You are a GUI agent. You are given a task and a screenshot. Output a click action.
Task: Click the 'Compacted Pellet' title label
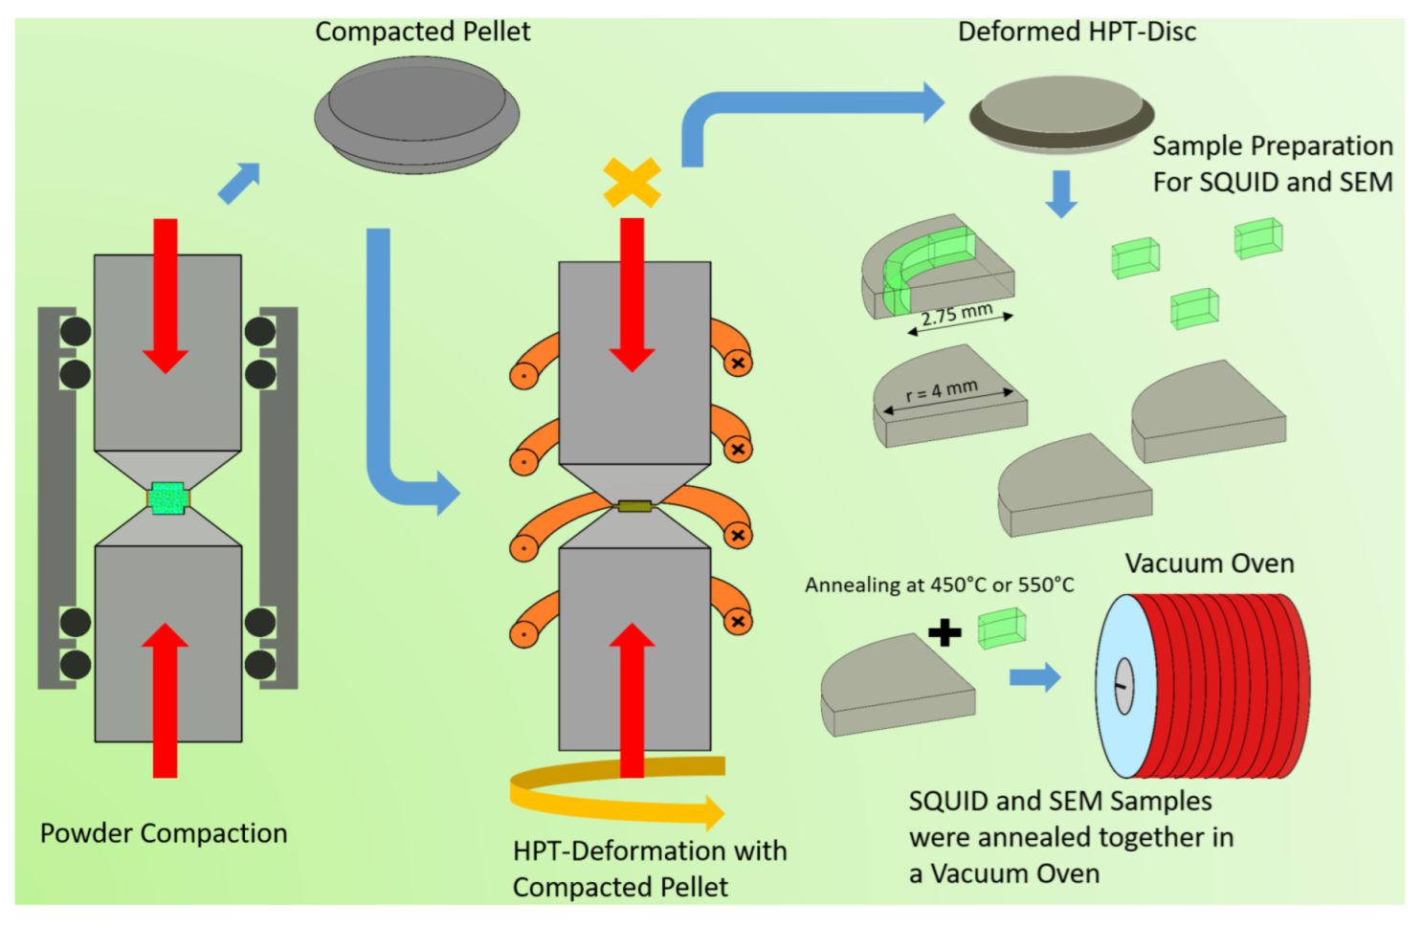click(422, 32)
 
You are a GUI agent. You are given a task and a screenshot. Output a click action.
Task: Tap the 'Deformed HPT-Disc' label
click(1077, 32)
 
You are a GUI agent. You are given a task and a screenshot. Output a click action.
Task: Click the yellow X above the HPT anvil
click(632, 182)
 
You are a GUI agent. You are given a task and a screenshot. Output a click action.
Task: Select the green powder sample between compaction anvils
click(168, 497)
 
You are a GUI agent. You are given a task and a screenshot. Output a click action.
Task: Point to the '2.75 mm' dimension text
click(956, 314)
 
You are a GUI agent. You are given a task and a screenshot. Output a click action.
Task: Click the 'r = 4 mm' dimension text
click(942, 390)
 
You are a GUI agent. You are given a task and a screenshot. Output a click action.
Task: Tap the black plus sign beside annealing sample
click(944, 632)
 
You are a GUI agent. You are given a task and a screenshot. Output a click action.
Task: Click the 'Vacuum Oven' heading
click(1209, 563)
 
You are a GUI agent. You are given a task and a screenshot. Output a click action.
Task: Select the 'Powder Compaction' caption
click(164, 833)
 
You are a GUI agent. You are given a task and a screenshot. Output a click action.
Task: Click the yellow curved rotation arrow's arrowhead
click(710, 813)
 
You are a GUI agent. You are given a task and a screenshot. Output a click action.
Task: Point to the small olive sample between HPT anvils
click(633, 506)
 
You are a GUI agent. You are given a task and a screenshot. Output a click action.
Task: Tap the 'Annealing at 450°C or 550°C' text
click(939, 585)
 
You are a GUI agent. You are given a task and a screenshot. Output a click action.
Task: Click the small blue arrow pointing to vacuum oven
click(1035, 677)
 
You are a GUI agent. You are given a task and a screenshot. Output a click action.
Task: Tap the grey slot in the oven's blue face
click(1123, 686)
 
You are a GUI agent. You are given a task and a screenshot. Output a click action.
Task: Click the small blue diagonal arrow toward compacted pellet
click(239, 183)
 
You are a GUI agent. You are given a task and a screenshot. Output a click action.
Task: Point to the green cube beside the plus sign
click(1002, 629)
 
